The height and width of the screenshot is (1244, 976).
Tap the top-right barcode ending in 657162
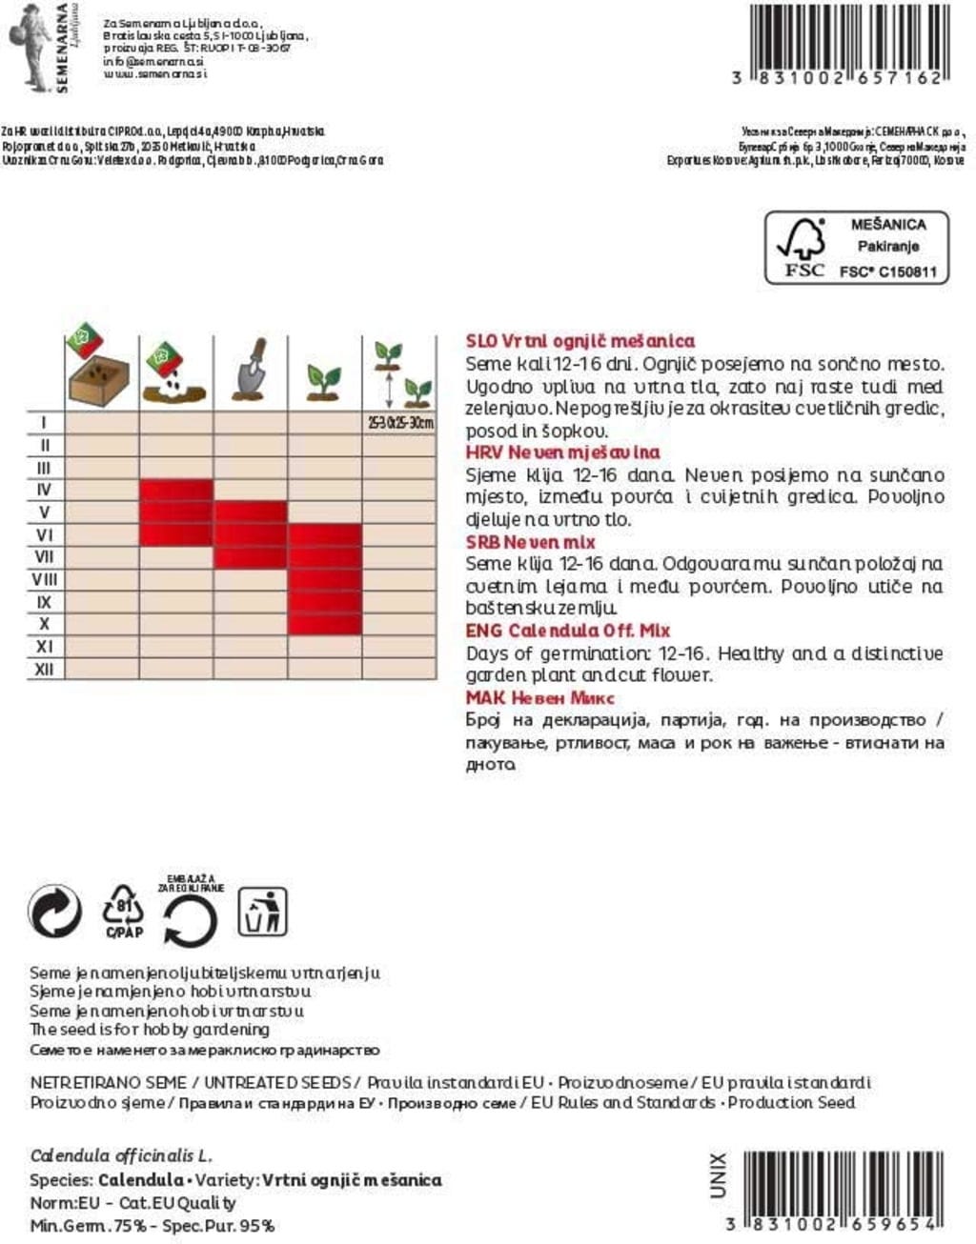tap(849, 44)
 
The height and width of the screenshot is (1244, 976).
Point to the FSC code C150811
tap(887, 271)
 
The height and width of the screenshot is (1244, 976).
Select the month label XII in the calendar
tap(44, 669)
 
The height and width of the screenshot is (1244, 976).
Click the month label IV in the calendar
tap(44, 490)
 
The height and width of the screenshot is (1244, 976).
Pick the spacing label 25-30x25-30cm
tap(400, 422)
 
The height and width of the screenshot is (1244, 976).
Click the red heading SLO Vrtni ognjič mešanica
tap(579, 341)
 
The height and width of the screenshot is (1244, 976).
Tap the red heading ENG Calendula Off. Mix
tap(567, 631)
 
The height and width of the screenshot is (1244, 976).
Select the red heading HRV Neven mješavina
tap(562, 452)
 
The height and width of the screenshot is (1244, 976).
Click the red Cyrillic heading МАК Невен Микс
tap(539, 697)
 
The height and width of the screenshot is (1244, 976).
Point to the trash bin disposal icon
tap(262, 912)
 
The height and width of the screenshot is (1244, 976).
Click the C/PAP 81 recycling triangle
tap(123, 912)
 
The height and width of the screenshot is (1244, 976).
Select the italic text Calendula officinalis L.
tap(121, 1156)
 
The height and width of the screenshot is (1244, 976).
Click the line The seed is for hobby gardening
tap(150, 1030)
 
